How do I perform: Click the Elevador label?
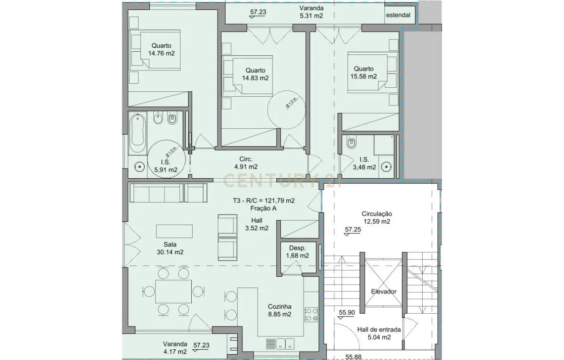[x=383, y=291]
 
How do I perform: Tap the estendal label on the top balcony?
[x=398, y=15]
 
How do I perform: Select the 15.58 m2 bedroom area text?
[x=364, y=76]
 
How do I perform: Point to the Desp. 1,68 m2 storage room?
[x=297, y=252]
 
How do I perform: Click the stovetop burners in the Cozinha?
[x=310, y=315]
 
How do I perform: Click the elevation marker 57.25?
[x=353, y=230]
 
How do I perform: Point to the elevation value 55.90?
[x=346, y=313]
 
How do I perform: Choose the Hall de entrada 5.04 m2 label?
[x=379, y=333]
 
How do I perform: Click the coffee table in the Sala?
[x=174, y=232]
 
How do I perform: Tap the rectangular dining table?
[x=174, y=291]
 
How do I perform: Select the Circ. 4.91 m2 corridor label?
[x=246, y=163]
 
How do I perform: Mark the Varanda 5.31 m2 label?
[x=311, y=12]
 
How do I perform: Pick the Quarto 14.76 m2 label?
[x=161, y=49]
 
